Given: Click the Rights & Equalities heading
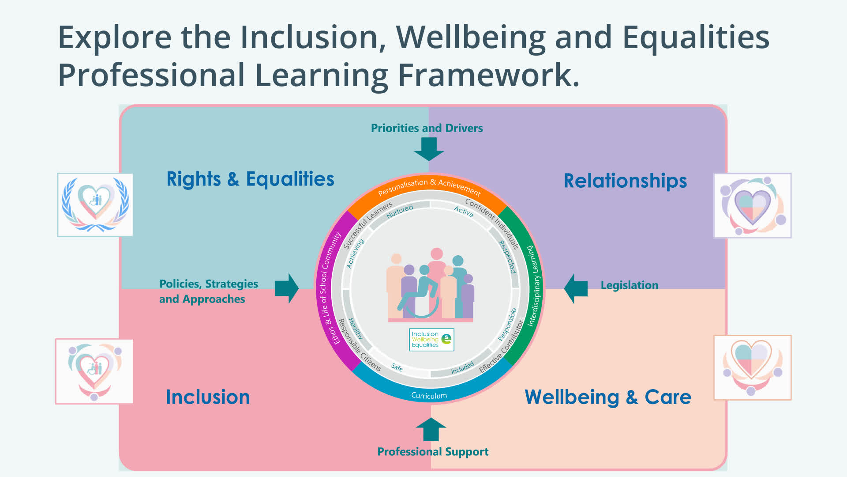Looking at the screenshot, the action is (250, 179).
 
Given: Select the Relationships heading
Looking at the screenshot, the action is (625, 181).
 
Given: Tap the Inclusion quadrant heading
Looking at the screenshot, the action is (208, 397).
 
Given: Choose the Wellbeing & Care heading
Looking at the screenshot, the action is (608, 397).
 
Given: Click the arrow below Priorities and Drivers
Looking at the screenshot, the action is (429, 149).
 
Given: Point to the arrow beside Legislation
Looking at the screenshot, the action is (576, 288).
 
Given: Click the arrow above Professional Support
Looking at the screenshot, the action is (431, 429).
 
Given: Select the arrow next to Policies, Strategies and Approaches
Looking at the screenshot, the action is (287, 288).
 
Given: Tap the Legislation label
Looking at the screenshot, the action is (630, 285).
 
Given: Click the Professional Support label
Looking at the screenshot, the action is (433, 452).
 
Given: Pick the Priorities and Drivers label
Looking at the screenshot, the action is (427, 128).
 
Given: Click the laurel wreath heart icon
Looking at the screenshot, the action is (95, 205).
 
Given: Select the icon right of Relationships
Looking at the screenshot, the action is (753, 205).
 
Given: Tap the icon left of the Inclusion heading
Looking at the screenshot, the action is (94, 371).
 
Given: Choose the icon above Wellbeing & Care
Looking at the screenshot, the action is (753, 367).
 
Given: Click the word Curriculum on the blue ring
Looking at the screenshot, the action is (429, 396).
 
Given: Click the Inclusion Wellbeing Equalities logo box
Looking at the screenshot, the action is (431, 340).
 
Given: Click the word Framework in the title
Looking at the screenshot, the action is (488, 75).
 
